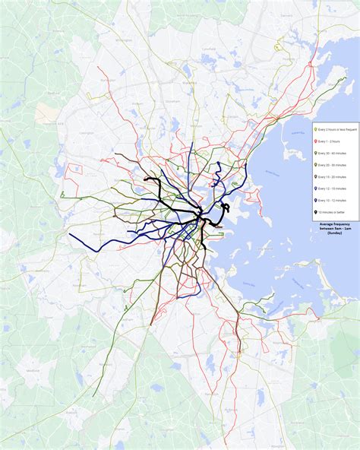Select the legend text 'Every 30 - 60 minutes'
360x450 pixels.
(x=332, y=152)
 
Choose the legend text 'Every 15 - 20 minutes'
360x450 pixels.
(x=332, y=176)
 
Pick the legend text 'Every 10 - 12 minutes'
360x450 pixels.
(x=332, y=199)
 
